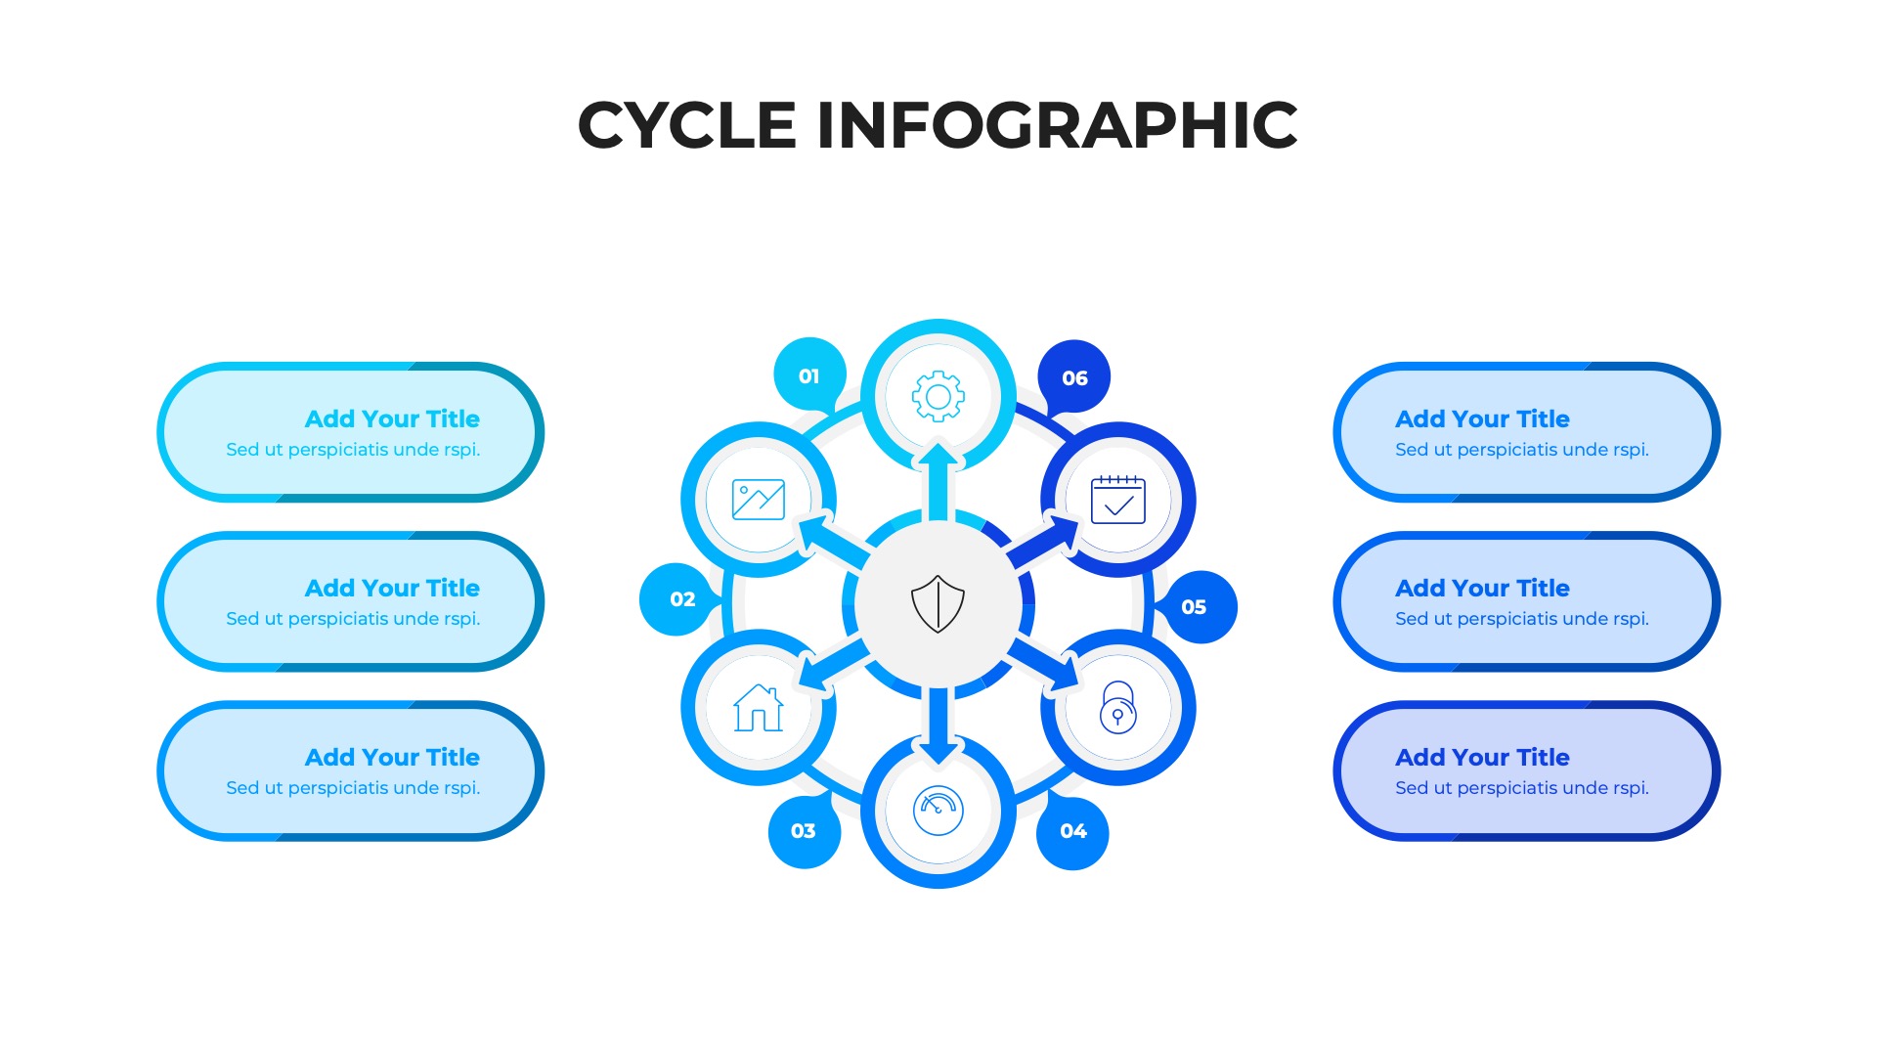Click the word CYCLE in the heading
[x=687, y=125]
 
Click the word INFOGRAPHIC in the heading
[x=1056, y=125]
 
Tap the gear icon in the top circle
[x=938, y=396]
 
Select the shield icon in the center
[x=938, y=603]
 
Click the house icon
[x=759, y=708]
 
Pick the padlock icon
[x=1117, y=707]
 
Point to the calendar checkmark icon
[x=1117, y=500]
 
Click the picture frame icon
[x=759, y=500]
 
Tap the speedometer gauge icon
[x=938, y=811]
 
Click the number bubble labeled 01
[x=809, y=375]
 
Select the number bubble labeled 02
[x=681, y=598]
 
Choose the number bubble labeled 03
[x=804, y=831]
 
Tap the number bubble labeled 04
[x=1072, y=831]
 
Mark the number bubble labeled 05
[x=1195, y=606]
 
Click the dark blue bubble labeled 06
[x=1074, y=377]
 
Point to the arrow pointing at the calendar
[x=1045, y=541]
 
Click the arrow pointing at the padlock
[x=1045, y=665]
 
